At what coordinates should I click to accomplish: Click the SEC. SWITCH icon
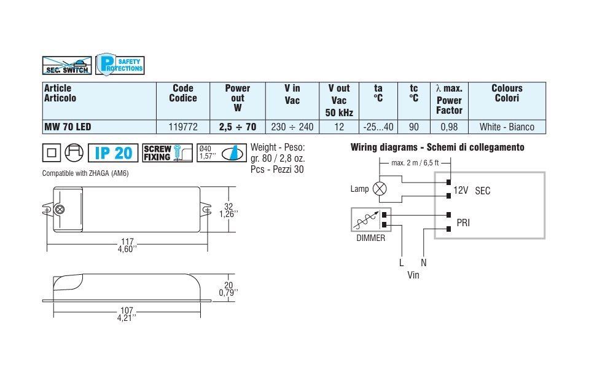pyautogui.click(x=66, y=65)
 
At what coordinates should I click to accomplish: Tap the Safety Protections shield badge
pyautogui.click(x=120, y=65)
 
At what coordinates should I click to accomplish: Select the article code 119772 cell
pyautogui.click(x=183, y=127)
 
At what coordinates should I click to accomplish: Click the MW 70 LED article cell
pyautogui.click(x=68, y=127)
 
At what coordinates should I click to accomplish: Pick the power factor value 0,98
pyautogui.click(x=449, y=127)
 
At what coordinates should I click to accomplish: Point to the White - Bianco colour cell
pyautogui.click(x=507, y=127)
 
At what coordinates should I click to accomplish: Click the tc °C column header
pyautogui.click(x=414, y=93)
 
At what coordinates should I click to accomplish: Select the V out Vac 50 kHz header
pyautogui.click(x=338, y=100)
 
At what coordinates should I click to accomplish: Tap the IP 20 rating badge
pyautogui.click(x=113, y=153)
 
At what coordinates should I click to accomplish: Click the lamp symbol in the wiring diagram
pyautogui.click(x=381, y=189)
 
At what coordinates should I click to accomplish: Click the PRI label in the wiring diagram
pyautogui.click(x=463, y=223)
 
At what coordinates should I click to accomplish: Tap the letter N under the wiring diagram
pyautogui.click(x=423, y=262)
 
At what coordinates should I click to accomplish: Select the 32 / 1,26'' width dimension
pyautogui.click(x=227, y=210)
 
